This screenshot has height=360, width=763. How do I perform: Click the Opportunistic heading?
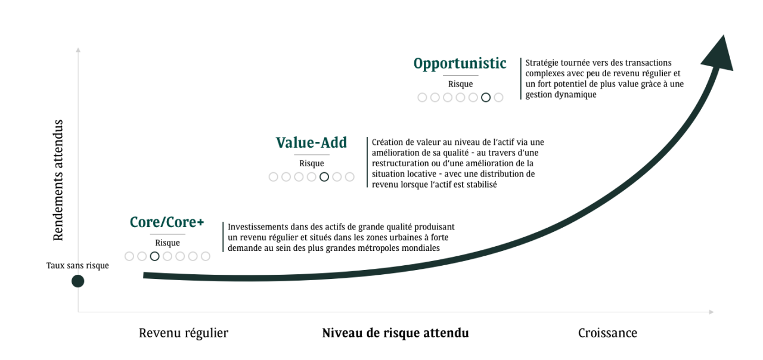coord(460,64)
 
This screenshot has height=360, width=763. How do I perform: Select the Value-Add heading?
coord(311,143)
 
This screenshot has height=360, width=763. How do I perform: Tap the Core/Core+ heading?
coord(167,222)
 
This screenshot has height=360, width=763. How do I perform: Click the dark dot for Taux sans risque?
coord(77,281)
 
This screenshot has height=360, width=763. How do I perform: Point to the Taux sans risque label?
coord(77,266)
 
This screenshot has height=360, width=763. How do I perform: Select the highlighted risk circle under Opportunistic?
coord(486,97)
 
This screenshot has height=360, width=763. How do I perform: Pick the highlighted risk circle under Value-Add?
coord(324,176)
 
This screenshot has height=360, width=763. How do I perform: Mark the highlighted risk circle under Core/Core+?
coord(155,256)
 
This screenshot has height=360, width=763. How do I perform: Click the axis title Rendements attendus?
coord(58,180)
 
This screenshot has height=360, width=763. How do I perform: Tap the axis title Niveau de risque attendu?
coord(395,333)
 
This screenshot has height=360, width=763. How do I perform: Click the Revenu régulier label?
coord(184,333)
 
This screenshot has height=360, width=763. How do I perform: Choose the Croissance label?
coord(607,333)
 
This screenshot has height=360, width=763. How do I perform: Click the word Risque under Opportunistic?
coord(460,84)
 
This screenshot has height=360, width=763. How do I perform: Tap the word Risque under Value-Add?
coord(311,163)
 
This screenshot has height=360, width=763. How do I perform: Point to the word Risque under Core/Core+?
coord(168,243)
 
